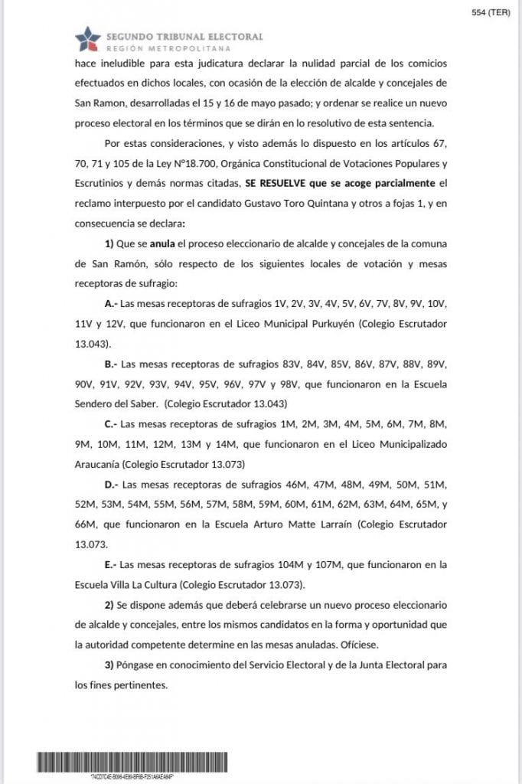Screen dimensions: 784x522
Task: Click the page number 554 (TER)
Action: tap(491, 12)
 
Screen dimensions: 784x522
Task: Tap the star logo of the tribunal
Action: tap(87, 39)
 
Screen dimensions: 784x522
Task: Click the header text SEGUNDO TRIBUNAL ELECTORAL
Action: tap(184, 36)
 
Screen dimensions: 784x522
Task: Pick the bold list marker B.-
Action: tap(111, 363)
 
